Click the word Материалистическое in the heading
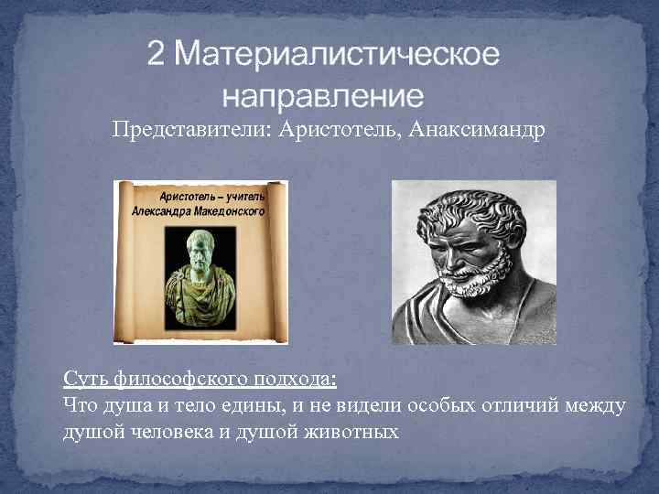(338, 56)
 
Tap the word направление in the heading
(323, 95)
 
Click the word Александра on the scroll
(160, 210)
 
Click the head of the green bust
(199, 244)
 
